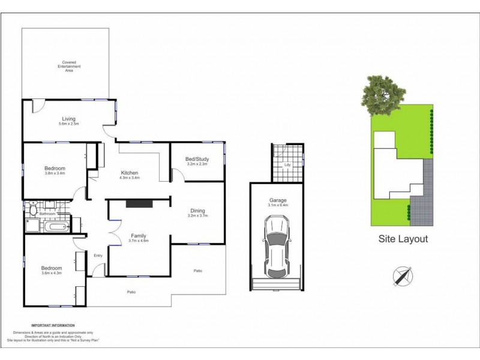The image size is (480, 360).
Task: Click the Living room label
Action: coord(68,119)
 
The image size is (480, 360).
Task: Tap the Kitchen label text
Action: coord(130,173)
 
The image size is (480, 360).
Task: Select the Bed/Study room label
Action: coord(196,158)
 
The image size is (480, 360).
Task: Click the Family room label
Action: coord(139,236)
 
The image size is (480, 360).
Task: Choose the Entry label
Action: coord(98,256)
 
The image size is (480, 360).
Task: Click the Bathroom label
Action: coord(48,214)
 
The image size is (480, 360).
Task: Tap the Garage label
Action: coord(277,201)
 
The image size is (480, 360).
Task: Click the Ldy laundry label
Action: coord(287,164)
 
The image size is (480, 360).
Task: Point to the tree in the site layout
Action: coord(379,96)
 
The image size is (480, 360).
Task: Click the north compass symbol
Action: coord(403,276)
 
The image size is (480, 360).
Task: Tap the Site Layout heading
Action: coord(403,239)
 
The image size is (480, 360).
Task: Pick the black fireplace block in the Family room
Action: coord(139,204)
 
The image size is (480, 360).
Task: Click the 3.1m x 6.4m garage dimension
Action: coord(278,206)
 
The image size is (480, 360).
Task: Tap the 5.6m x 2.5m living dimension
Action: coord(68,124)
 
